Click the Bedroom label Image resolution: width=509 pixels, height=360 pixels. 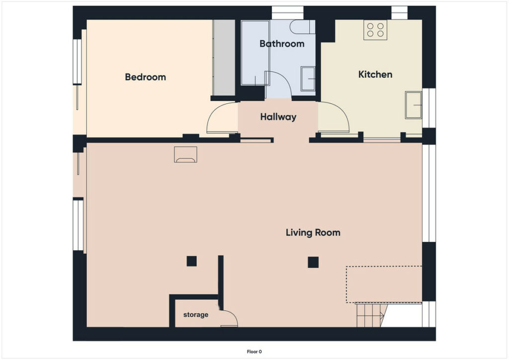146,77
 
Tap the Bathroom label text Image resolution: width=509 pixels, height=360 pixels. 282,43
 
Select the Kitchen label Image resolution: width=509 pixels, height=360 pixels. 375,75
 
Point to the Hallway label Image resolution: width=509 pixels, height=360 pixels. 278,117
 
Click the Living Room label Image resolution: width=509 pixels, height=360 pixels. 313,232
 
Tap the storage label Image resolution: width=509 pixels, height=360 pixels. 196,315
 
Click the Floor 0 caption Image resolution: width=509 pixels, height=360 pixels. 254,352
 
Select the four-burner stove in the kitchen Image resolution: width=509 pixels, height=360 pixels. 375,30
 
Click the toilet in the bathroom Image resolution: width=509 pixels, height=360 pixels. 302,27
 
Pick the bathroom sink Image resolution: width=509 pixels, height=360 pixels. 308,79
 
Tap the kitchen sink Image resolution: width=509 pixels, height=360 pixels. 413,105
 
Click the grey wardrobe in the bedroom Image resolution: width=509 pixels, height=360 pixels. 224,58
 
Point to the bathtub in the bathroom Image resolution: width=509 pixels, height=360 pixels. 255,53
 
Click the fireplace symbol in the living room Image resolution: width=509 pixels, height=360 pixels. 185,155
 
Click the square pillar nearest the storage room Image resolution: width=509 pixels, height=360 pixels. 191,261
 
